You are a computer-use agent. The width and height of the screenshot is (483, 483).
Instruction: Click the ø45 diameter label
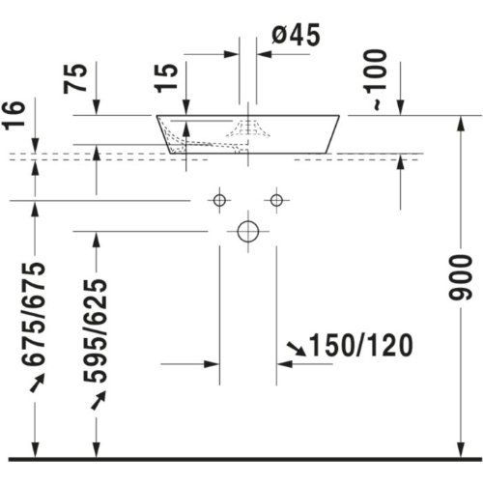point(296,35)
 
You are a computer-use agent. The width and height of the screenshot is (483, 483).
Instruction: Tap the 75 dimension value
point(75,78)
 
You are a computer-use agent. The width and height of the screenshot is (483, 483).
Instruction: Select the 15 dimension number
point(166,78)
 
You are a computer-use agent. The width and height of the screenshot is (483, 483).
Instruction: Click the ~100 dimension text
point(376,80)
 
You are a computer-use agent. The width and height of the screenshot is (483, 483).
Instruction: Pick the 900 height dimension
point(461,277)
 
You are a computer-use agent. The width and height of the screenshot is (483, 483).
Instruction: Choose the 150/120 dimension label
point(360,345)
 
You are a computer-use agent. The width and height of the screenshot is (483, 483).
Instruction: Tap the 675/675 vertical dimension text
point(33,315)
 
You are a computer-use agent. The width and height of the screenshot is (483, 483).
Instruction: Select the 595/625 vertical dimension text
point(95,331)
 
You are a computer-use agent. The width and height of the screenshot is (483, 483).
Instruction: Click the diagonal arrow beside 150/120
point(297,349)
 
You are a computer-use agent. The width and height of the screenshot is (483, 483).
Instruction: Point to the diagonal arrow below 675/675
point(37,383)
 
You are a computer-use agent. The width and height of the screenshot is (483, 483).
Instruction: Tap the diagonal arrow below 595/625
point(99,400)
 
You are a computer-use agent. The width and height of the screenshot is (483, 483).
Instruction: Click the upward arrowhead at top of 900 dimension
point(461,124)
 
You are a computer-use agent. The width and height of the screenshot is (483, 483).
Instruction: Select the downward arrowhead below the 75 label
point(97,107)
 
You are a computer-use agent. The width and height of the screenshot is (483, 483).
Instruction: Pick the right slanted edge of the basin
point(332,134)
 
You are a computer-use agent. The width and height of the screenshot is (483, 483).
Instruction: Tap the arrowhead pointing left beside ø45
point(265,54)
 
